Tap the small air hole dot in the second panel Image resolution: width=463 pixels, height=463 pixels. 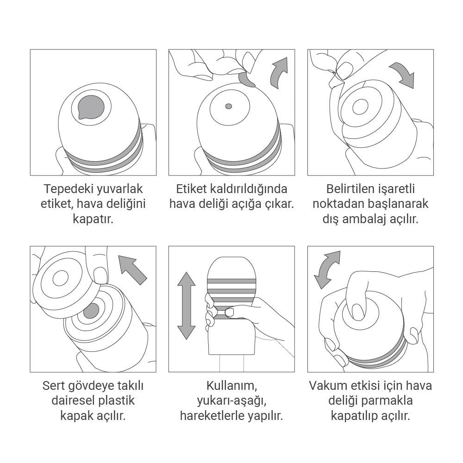229,106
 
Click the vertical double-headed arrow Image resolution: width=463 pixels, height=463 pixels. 187,306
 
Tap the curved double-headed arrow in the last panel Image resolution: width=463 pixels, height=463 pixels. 327,269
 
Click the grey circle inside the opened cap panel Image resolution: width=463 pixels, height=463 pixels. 91,311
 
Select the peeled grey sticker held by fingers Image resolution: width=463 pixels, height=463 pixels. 248,80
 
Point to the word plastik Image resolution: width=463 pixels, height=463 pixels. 113,400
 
